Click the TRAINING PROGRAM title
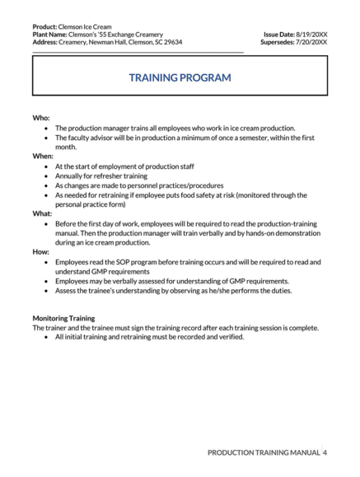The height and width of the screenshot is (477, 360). click(180, 77)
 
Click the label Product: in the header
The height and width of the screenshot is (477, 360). click(46, 26)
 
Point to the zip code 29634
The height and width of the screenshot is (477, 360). click(173, 41)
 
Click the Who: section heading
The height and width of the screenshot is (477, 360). click(41, 118)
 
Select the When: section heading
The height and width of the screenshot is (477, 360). click(43, 156)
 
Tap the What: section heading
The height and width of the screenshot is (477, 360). click(43, 213)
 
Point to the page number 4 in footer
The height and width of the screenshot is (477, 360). click(325, 452)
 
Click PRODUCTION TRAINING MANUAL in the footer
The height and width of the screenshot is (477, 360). click(264, 452)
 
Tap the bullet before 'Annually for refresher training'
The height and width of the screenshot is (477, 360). click(46, 176)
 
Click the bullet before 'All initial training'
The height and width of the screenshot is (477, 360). click(46, 337)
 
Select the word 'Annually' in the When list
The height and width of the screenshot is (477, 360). click(70, 176)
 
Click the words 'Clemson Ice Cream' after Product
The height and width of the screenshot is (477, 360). click(89, 26)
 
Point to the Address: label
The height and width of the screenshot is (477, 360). click(49, 41)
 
